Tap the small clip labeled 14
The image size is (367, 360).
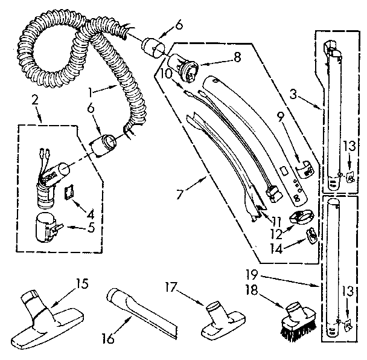[311, 237]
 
